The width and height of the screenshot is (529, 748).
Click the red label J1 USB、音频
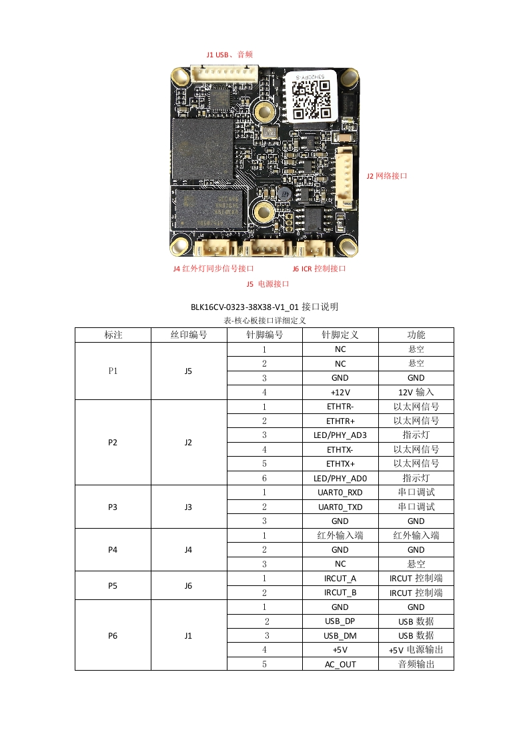click(x=229, y=55)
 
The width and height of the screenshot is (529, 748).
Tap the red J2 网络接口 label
click(x=386, y=176)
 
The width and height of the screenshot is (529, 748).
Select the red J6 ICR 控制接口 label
click(x=319, y=269)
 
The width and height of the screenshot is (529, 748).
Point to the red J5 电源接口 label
click(x=268, y=284)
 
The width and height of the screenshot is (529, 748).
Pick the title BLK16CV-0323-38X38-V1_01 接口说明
click(x=264, y=307)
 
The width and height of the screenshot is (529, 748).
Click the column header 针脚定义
click(x=340, y=335)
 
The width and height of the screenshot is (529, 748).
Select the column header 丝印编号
click(x=189, y=335)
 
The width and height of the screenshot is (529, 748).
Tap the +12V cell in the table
click(x=340, y=393)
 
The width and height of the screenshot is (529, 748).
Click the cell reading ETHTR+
click(x=340, y=421)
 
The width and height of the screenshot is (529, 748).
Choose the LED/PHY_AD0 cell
click(x=340, y=478)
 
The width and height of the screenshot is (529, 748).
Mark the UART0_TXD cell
click(x=340, y=507)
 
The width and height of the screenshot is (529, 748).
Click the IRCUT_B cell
click(x=340, y=593)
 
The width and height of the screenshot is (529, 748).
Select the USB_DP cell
click(x=340, y=621)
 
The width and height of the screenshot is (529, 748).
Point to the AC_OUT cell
click(x=340, y=664)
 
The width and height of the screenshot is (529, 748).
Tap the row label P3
click(x=113, y=507)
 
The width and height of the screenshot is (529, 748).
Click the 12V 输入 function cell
click(x=416, y=393)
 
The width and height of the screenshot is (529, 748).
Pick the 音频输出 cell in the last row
click(x=416, y=664)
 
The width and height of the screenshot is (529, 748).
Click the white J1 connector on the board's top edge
click(x=224, y=73)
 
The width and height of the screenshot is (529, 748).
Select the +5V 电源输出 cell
click(x=416, y=650)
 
